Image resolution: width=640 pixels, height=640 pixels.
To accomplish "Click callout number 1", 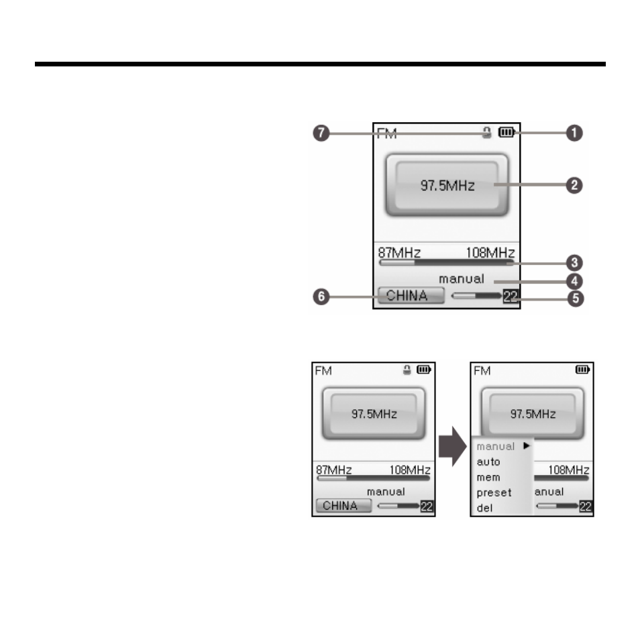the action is tap(574, 133).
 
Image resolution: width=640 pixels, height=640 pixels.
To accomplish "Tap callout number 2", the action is tap(574, 185).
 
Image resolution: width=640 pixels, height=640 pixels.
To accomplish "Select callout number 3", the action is tap(575, 263).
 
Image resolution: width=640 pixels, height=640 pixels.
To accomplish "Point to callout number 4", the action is tap(575, 281).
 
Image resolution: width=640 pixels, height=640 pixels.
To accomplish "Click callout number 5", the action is tap(576, 299).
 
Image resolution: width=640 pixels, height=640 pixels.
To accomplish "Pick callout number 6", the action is tap(321, 297).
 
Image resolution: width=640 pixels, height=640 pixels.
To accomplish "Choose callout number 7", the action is tap(321, 133).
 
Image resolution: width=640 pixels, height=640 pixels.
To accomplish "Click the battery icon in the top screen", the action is tap(506, 132).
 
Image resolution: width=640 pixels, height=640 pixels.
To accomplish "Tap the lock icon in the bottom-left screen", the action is tap(407, 370).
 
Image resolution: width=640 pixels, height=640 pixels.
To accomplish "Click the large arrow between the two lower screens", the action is tap(452, 447).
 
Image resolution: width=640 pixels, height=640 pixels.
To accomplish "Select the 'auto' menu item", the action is tap(488, 462).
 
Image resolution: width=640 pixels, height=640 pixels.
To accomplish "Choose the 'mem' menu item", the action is tap(488, 478).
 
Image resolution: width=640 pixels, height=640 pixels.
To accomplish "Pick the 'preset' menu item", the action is tap(494, 493).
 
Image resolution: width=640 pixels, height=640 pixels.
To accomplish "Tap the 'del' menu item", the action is tap(484, 508).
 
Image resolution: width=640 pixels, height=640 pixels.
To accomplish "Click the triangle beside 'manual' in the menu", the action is tap(527, 445).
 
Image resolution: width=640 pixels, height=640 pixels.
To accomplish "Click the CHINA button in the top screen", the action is tap(411, 295).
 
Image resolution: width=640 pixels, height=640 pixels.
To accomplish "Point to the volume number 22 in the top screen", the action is tap(511, 296).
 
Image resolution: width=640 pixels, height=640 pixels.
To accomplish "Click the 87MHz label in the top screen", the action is tap(398, 253).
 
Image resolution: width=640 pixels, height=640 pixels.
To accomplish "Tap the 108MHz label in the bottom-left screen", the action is tap(410, 470).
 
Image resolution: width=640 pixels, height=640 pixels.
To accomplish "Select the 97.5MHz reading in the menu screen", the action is tap(533, 415).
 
